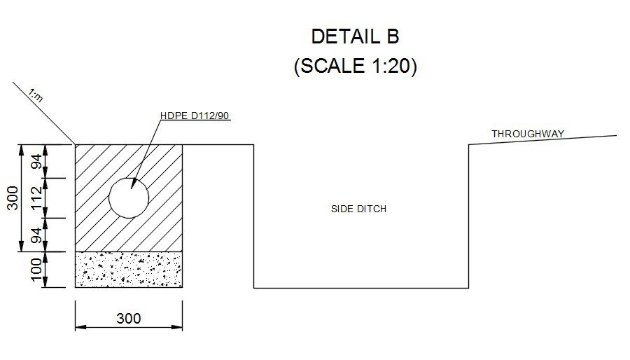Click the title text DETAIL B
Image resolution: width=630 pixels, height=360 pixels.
[355, 36]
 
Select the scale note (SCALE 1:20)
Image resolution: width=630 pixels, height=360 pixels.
[355, 67]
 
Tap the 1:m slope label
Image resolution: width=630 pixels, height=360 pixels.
[36, 95]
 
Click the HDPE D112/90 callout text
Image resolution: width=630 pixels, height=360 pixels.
[195, 116]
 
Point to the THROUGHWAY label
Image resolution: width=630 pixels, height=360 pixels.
[528, 133]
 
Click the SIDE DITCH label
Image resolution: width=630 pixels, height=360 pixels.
[358, 209]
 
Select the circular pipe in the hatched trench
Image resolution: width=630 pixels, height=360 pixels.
[129, 198]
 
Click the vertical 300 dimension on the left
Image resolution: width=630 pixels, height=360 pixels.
[13, 198]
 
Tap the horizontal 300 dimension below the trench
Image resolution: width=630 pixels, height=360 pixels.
[128, 319]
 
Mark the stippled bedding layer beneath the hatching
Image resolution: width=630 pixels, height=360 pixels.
[129, 270]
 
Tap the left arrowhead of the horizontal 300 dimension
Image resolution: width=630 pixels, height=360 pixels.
[80, 327]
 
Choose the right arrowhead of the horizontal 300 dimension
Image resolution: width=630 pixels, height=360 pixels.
[178, 327]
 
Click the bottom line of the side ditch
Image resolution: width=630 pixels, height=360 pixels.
[360, 288]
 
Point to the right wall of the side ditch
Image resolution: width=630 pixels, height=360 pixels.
[468, 217]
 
